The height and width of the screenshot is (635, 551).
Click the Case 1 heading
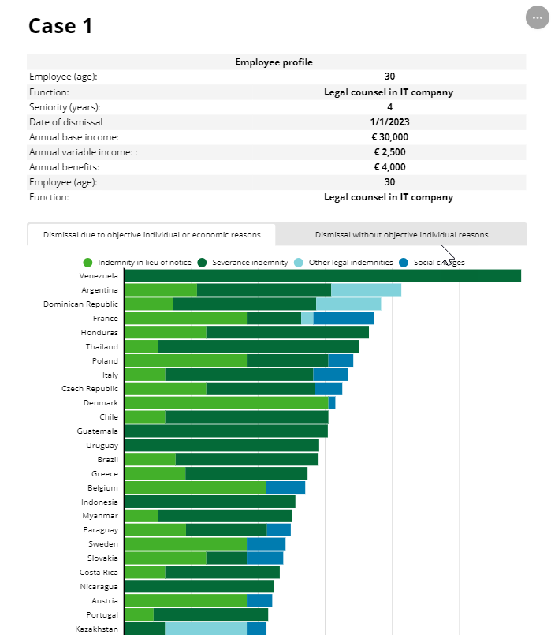[x=61, y=26]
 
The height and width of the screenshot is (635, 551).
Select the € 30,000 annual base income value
[x=389, y=137]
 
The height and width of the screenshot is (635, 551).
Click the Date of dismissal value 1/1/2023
[x=389, y=122]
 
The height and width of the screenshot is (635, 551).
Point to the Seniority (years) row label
[x=65, y=107]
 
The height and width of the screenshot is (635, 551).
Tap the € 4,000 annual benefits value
[x=389, y=167]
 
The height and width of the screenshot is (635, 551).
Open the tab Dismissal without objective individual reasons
[x=401, y=234]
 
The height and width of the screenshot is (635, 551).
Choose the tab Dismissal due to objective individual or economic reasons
[x=151, y=234]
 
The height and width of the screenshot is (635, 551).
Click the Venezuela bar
[x=322, y=276]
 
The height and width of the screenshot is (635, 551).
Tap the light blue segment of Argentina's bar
[x=366, y=290]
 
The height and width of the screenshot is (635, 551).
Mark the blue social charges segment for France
[x=344, y=319]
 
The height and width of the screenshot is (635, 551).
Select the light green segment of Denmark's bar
[x=225, y=403]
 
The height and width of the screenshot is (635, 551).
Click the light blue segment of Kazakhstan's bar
[x=205, y=629]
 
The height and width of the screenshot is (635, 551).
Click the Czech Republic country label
[x=90, y=389]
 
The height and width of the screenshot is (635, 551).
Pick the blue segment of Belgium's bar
[x=285, y=487]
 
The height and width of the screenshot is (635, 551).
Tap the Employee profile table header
[x=274, y=62]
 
